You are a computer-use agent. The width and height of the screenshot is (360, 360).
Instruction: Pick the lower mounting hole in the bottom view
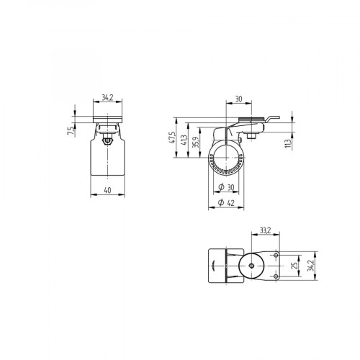[274, 277]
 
